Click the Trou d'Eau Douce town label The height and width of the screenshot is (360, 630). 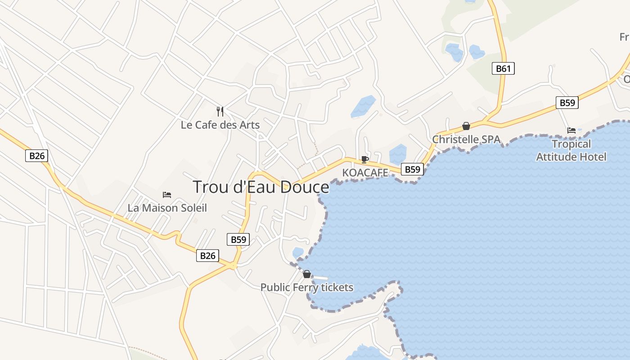point(261,187)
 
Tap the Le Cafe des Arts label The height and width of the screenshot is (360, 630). point(220,125)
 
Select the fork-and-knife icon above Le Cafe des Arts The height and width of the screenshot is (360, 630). point(220,111)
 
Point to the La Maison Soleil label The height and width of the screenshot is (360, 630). point(167,208)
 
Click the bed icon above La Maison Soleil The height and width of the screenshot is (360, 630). point(167,195)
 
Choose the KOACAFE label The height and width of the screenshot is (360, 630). point(365,173)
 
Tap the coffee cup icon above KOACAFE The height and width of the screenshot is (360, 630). point(365,159)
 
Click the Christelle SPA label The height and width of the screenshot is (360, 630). point(466,139)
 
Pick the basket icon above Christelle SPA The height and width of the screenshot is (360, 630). point(466,126)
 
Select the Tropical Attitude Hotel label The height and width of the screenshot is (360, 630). point(571,150)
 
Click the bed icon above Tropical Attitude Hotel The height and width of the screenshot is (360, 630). point(571,130)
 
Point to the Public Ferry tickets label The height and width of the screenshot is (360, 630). point(307,287)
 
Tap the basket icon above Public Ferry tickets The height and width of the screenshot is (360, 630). point(307,274)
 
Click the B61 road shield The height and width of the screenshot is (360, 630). point(503,68)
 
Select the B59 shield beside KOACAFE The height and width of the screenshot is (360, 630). point(412,169)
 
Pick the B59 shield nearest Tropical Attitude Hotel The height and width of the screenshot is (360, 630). point(567,103)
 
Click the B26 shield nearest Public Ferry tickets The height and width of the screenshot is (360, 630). point(207,256)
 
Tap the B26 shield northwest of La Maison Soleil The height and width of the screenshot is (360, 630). point(36,156)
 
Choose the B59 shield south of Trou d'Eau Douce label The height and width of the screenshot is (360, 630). point(238,239)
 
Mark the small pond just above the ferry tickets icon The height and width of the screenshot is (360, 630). point(298,252)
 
